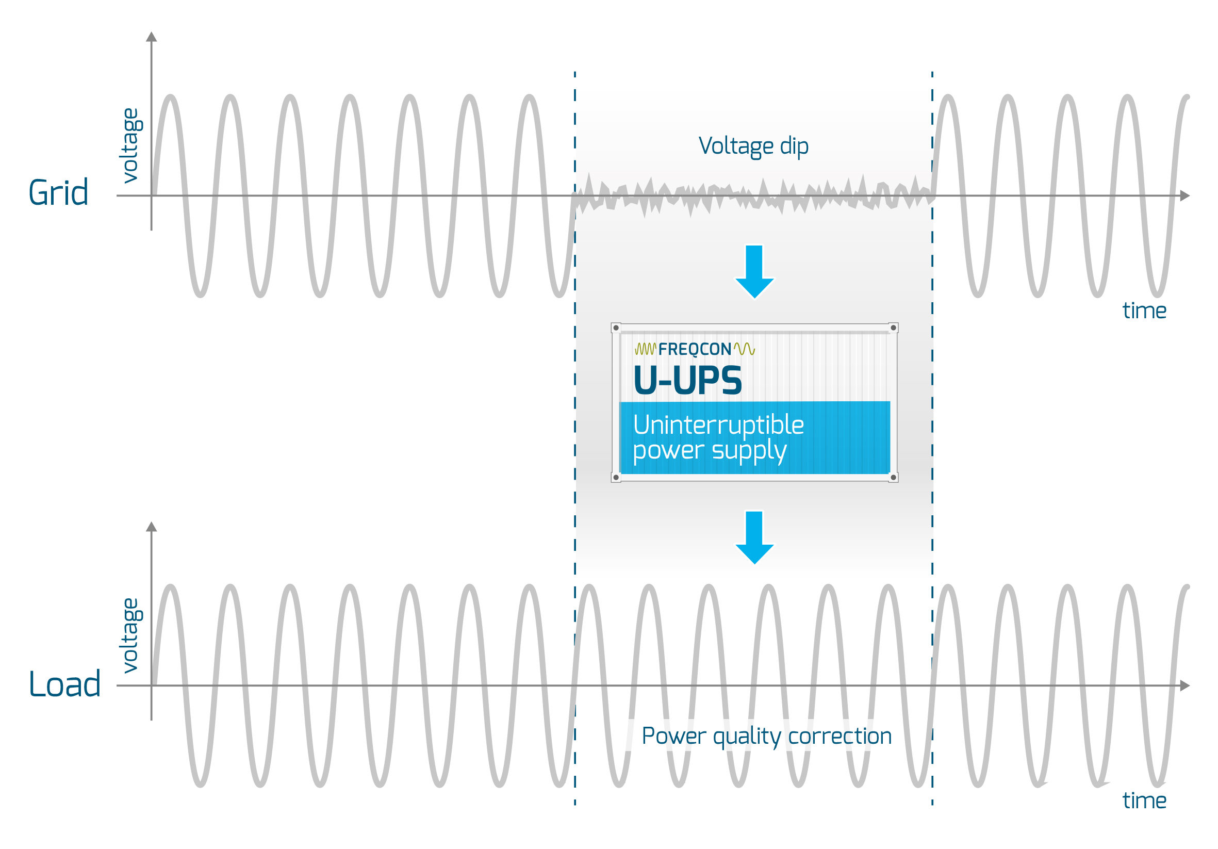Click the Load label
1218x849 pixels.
click(x=65, y=684)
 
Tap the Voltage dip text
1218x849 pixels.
click(x=753, y=146)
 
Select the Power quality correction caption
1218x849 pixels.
click(x=767, y=736)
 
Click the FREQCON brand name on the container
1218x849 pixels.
click(x=695, y=349)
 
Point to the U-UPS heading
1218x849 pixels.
click(x=688, y=381)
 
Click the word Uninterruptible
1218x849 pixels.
click(x=718, y=425)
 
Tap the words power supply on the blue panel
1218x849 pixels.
click(x=709, y=451)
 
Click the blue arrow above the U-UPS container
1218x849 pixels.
click(x=754, y=271)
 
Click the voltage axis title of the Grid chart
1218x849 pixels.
click(x=130, y=146)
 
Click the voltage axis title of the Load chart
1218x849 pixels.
click(x=130, y=635)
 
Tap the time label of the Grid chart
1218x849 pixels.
click(x=1144, y=311)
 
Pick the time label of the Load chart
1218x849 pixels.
click(x=1144, y=801)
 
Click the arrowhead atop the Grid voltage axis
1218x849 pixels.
click(x=152, y=37)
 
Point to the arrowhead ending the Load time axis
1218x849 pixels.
click(x=1185, y=685)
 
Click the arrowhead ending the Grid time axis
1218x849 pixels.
click(x=1185, y=196)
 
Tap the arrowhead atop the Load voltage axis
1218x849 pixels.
click(x=152, y=527)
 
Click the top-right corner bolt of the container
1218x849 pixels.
click(x=893, y=328)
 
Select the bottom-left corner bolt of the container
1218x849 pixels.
click(x=616, y=478)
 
